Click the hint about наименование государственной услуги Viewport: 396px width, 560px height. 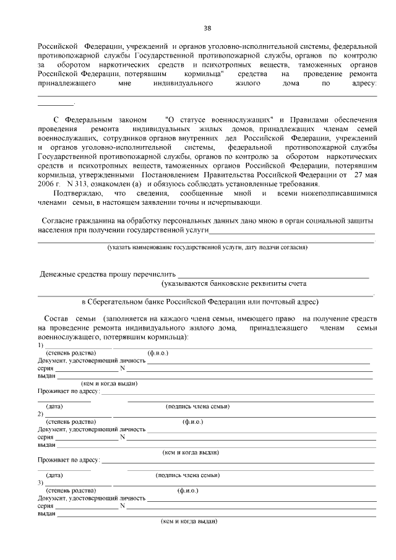207,247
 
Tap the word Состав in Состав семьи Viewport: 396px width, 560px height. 59,318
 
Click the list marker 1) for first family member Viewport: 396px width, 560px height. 40,345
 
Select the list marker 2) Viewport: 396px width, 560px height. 40,413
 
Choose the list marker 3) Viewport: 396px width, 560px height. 40,482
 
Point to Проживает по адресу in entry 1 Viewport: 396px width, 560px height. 69,391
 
